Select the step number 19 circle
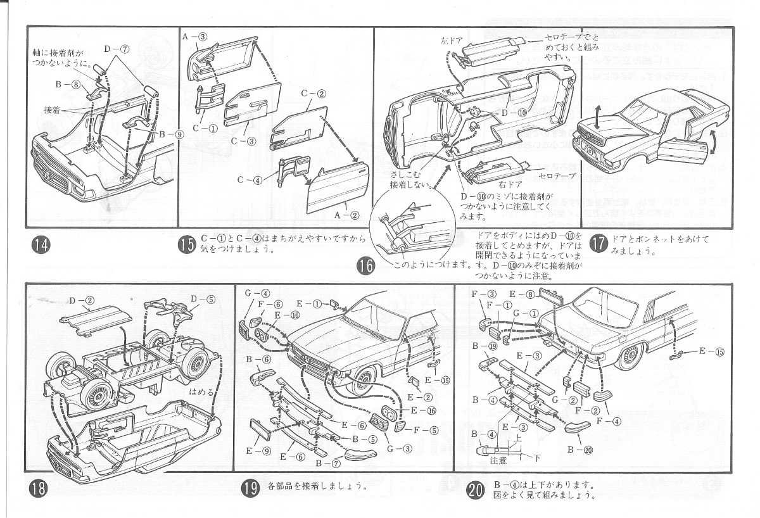click(x=250, y=488)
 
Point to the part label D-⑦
click(x=116, y=49)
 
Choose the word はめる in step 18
click(x=201, y=392)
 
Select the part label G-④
click(x=258, y=293)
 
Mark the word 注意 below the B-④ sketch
click(x=498, y=460)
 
